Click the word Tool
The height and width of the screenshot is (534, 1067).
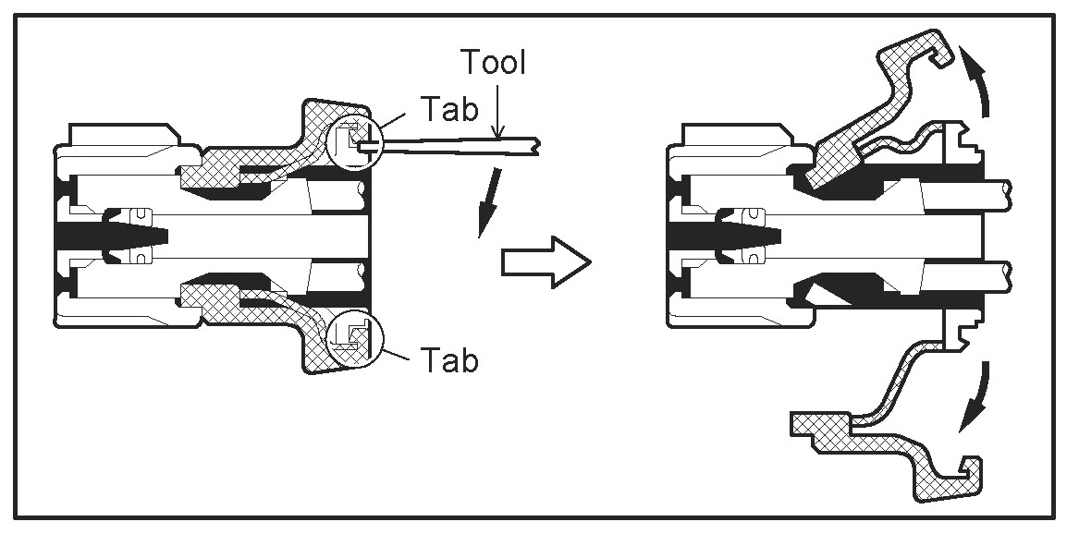point(493,64)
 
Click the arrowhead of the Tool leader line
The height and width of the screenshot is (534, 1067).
point(497,134)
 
